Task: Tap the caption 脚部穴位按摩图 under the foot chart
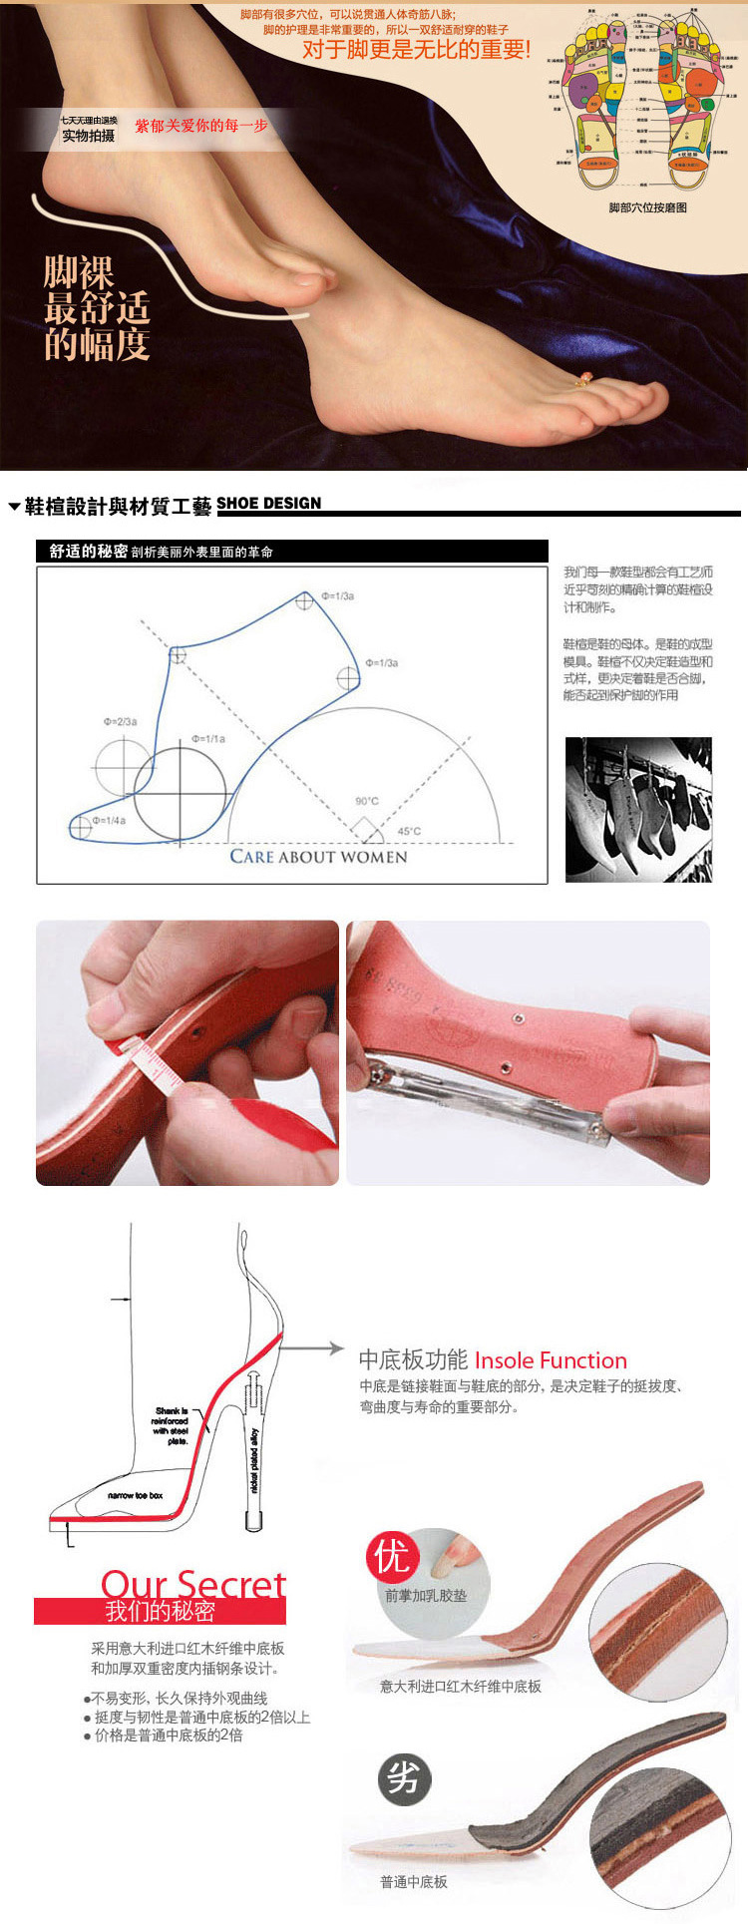pyautogui.click(x=647, y=207)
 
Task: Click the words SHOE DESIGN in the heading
pyautogui.click(x=268, y=504)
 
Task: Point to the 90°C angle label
pyautogui.click(x=367, y=801)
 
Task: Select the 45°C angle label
pyautogui.click(x=409, y=831)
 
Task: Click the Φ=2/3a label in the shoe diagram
pyautogui.click(x=120, y=721)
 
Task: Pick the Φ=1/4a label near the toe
pyautogui.click(x=109, y=820)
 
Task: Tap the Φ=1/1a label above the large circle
pyautogui.click(x=208, y=739)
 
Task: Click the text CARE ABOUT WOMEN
pyautogui.click(x=318, y=857)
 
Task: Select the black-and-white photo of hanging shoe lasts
pyautogui.click(x=638, y=809)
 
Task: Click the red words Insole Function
pyautogui.click(x=551, y=1360)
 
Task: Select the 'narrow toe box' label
pyautogui.click(x=135, y=1495)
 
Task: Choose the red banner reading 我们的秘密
pyautogui.click(x=160, y=1611)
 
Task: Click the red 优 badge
pyautogui.click(x=393, y=1557)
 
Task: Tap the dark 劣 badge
pyautogui.click(x=404, y=1776)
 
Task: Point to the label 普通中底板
pyautogui.click(x=413, y=1881)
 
